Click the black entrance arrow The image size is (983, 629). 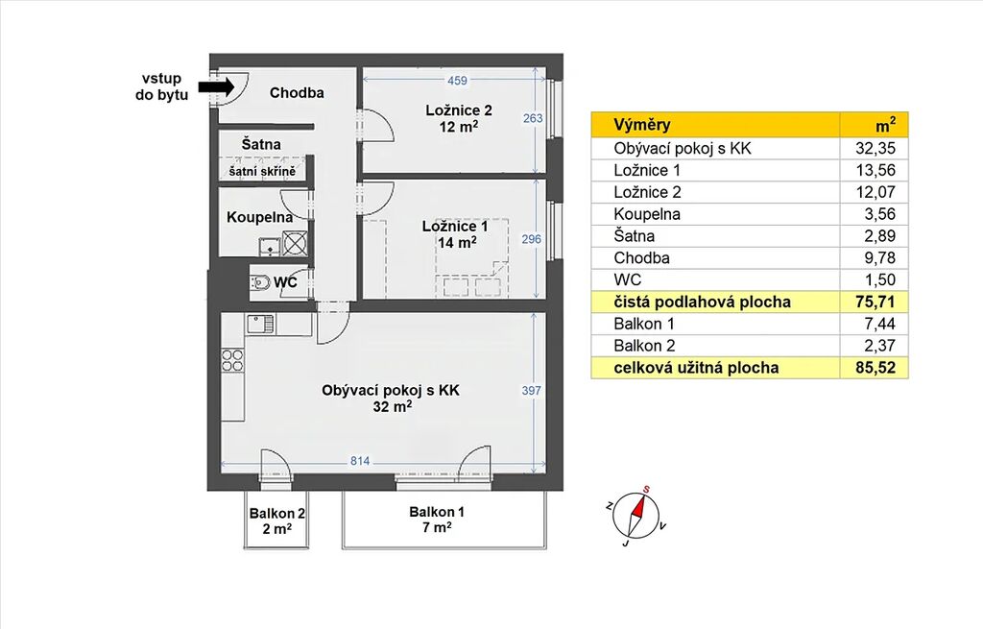tap(216, 86)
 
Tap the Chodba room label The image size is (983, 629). tap(297, 93)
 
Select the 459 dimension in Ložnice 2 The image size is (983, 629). tap(457, 81)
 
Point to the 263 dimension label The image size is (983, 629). tap(533, 118)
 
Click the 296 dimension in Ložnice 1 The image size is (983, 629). tap(532, 239)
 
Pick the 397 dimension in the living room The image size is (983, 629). tap(531, 390)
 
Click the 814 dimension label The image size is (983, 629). tap(360, 461)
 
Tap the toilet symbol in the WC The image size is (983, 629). tap(261, 282)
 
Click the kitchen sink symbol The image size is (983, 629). tap(261, 325)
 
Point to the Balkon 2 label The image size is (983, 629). tap(276, 520)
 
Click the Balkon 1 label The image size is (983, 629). tap(437, 520)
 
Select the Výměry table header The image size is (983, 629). tap(642, 124)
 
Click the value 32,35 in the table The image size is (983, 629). tap(875, 148)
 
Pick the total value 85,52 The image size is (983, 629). tap(875, 368)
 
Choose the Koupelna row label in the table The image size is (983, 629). tap(647, 214)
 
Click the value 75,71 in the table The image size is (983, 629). tap(875, 302)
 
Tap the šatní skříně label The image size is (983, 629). tap(262, 171)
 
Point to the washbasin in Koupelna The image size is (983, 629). tap(270, 247)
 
